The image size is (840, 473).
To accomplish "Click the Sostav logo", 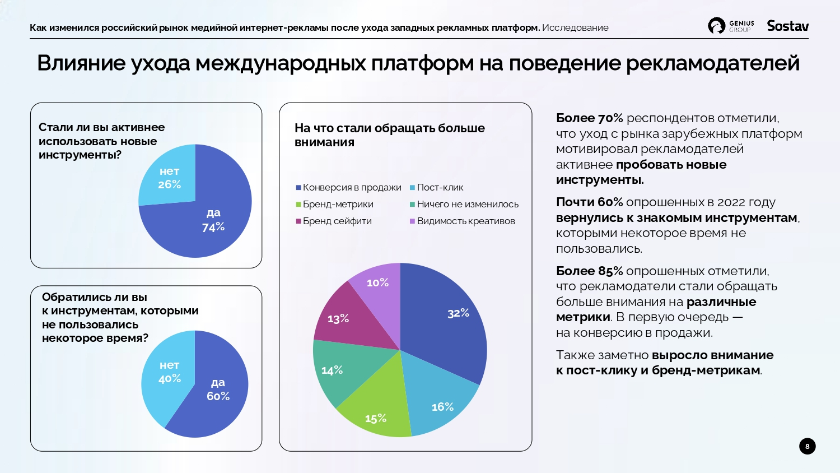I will coord(788,26).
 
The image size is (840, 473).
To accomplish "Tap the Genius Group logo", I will coord(731,26).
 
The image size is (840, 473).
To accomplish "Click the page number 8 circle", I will coord(807,446).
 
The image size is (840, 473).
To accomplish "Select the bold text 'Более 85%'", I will coord(589,271).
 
